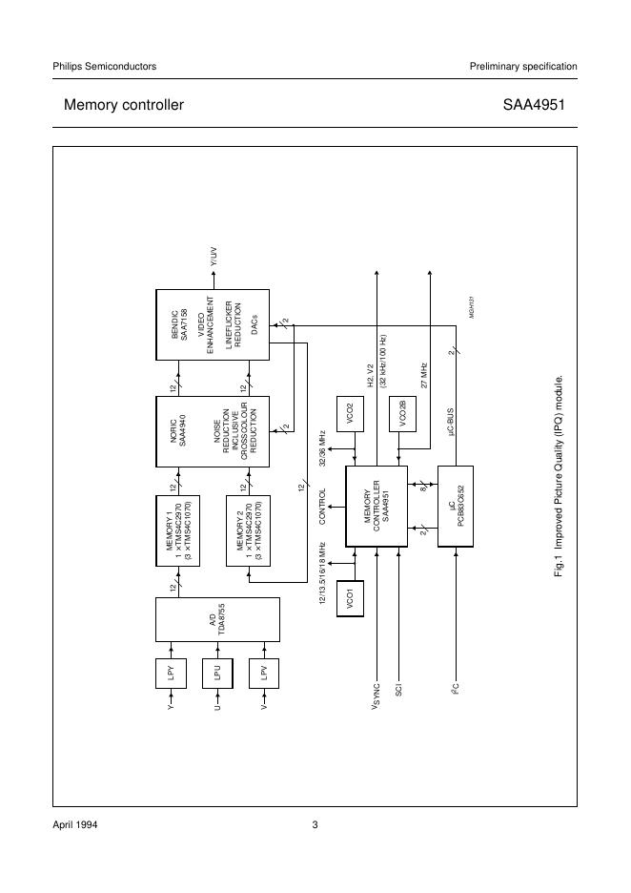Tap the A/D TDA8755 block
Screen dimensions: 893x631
point(217,620)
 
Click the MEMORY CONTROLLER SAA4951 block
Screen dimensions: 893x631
point(376,506)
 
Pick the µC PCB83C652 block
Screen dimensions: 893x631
point(455,506)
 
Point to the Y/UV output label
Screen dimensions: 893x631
point(213,257)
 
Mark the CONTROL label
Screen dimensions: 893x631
point(323,507)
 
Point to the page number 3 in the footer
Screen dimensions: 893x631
point(315,825)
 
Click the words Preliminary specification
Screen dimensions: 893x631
point(523,66)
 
